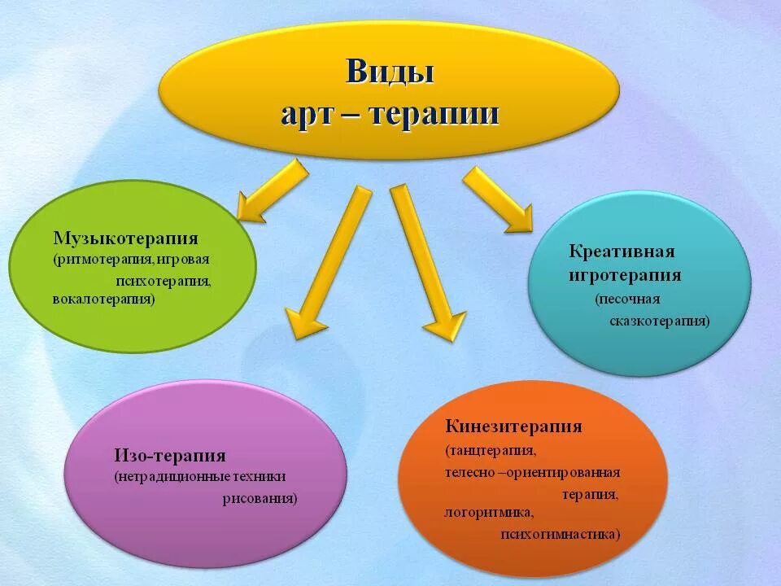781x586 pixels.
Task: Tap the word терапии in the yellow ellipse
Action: (x=435, y=113)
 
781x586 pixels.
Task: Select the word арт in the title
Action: (x=305, y=114)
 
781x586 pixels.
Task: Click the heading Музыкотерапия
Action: (x=126, y=238)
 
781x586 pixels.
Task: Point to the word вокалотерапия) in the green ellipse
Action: (x=103, y=299)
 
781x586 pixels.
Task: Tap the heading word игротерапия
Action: (x=625, y=275)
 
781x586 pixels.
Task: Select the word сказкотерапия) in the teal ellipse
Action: (x=660, y=321)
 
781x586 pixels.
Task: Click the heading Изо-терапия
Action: (x=170, y=455)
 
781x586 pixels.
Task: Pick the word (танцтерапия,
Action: (x=491, y=450)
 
